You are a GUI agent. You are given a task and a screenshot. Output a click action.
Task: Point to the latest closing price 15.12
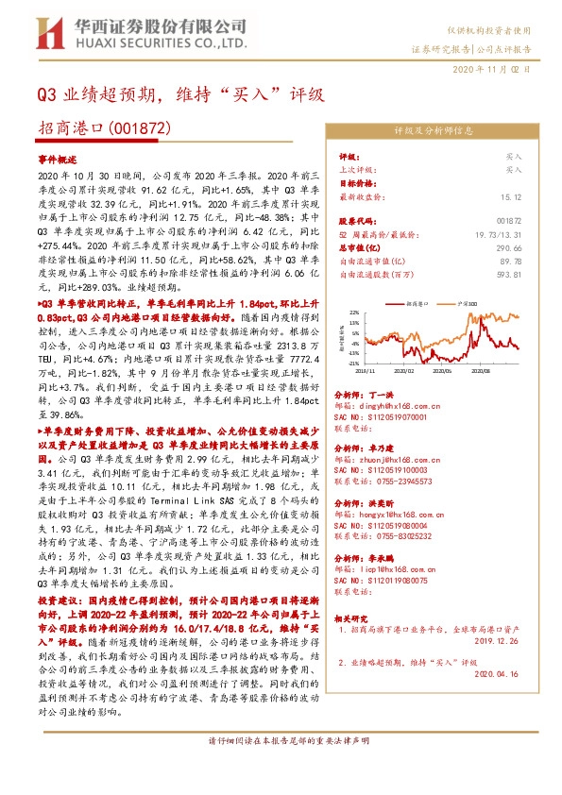[510, 196]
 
